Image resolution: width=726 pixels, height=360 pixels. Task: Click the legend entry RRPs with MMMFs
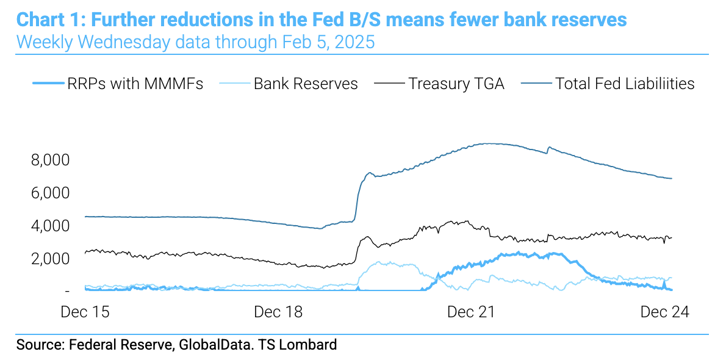[x=135, y=84]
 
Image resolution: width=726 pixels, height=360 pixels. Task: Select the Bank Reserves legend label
[x=306, y=84]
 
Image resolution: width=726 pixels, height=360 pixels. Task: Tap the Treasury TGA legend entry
[x=456, y=84]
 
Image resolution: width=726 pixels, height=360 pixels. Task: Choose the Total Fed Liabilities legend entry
[x=625, y=84]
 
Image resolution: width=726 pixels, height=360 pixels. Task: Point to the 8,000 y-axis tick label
[x=50, y=160]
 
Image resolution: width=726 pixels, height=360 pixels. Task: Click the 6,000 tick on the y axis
[x=50, y=193]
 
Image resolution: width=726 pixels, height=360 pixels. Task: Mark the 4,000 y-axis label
[x=50, y=226]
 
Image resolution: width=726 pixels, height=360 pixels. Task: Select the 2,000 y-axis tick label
[x=50, y=259]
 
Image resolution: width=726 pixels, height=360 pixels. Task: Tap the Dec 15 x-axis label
[x=85, y=312]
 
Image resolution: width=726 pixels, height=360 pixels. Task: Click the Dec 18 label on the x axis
[x=278, y=312]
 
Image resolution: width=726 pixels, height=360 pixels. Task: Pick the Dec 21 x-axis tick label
[x=471, y=312]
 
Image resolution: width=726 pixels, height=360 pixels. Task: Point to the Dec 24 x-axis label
[x=664, y=312]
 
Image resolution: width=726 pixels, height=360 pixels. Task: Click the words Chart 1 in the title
[x=49, y=20]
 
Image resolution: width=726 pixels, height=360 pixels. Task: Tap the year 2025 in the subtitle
[x=354, y=43]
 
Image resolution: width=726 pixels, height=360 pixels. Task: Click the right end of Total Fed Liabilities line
[x=672, y=178]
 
